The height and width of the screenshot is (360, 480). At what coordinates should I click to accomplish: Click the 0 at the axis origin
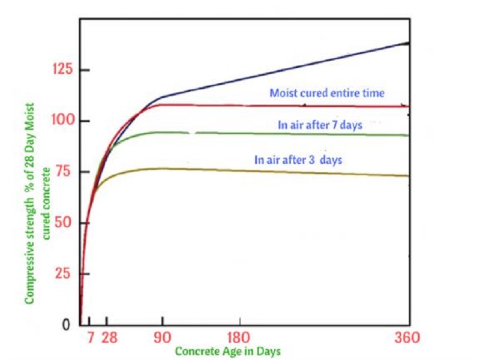point(67,325)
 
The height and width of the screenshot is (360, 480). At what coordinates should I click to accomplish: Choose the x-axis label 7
point(91,337)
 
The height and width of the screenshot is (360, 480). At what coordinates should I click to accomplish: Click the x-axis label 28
point(109,337)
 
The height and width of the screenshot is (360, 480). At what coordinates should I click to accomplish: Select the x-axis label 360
point(407,337)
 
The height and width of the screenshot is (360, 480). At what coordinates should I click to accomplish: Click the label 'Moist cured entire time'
point(326,94)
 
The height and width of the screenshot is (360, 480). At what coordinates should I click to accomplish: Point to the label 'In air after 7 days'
point(320,125)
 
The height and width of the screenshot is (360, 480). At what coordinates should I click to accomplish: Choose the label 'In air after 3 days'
point(298,160)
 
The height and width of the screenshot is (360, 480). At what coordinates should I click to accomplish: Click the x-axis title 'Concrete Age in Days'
point(228,351)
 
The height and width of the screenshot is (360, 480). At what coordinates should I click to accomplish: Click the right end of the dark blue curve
point(408,43)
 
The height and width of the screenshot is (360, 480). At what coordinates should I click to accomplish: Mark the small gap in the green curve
point(194,133)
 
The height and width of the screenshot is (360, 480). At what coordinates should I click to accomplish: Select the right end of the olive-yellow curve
point(408,176)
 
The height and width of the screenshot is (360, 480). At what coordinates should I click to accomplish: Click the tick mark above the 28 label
point(107,321)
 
